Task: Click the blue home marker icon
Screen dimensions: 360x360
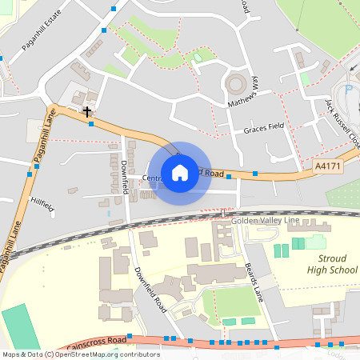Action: (180, 173)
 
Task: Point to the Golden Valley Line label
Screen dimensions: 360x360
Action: (264, 220)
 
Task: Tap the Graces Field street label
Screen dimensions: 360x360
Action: (264, 129)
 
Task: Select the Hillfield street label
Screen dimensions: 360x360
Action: (42, 206)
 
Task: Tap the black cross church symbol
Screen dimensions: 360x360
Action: (86, 112)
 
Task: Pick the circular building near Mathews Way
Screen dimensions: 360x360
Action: (236, 82)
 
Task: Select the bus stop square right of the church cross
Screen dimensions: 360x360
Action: (92, 124)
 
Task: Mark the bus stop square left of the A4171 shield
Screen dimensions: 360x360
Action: (255, 174)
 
